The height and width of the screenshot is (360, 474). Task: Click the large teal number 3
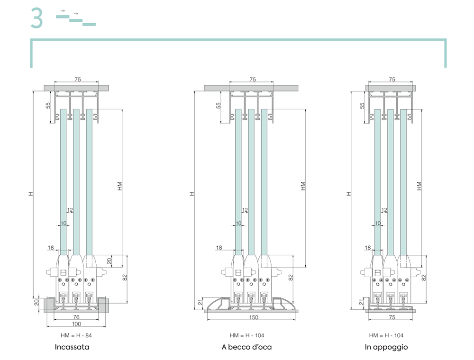36,18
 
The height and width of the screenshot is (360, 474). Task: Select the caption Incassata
72,347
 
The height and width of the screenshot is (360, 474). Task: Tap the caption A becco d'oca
246,347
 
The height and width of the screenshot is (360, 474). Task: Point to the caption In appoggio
386,347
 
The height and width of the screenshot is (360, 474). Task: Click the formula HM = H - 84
76,335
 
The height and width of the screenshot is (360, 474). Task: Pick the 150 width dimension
254,317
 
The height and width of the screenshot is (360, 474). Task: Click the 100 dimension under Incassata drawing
76,324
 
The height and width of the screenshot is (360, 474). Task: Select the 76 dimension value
76,317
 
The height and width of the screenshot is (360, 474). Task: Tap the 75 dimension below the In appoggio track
392,317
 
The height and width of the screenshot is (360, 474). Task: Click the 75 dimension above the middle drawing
253,80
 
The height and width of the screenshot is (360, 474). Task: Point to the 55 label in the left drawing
48,106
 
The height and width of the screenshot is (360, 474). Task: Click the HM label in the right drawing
419,186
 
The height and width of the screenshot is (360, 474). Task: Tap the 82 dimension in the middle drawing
291,277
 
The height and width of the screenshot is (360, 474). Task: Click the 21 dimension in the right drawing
361,302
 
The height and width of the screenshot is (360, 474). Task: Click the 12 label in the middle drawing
245,210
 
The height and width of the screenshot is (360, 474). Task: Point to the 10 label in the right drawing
378,223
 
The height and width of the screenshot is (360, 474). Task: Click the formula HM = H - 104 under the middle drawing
246,335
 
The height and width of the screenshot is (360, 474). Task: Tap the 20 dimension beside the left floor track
36,302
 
